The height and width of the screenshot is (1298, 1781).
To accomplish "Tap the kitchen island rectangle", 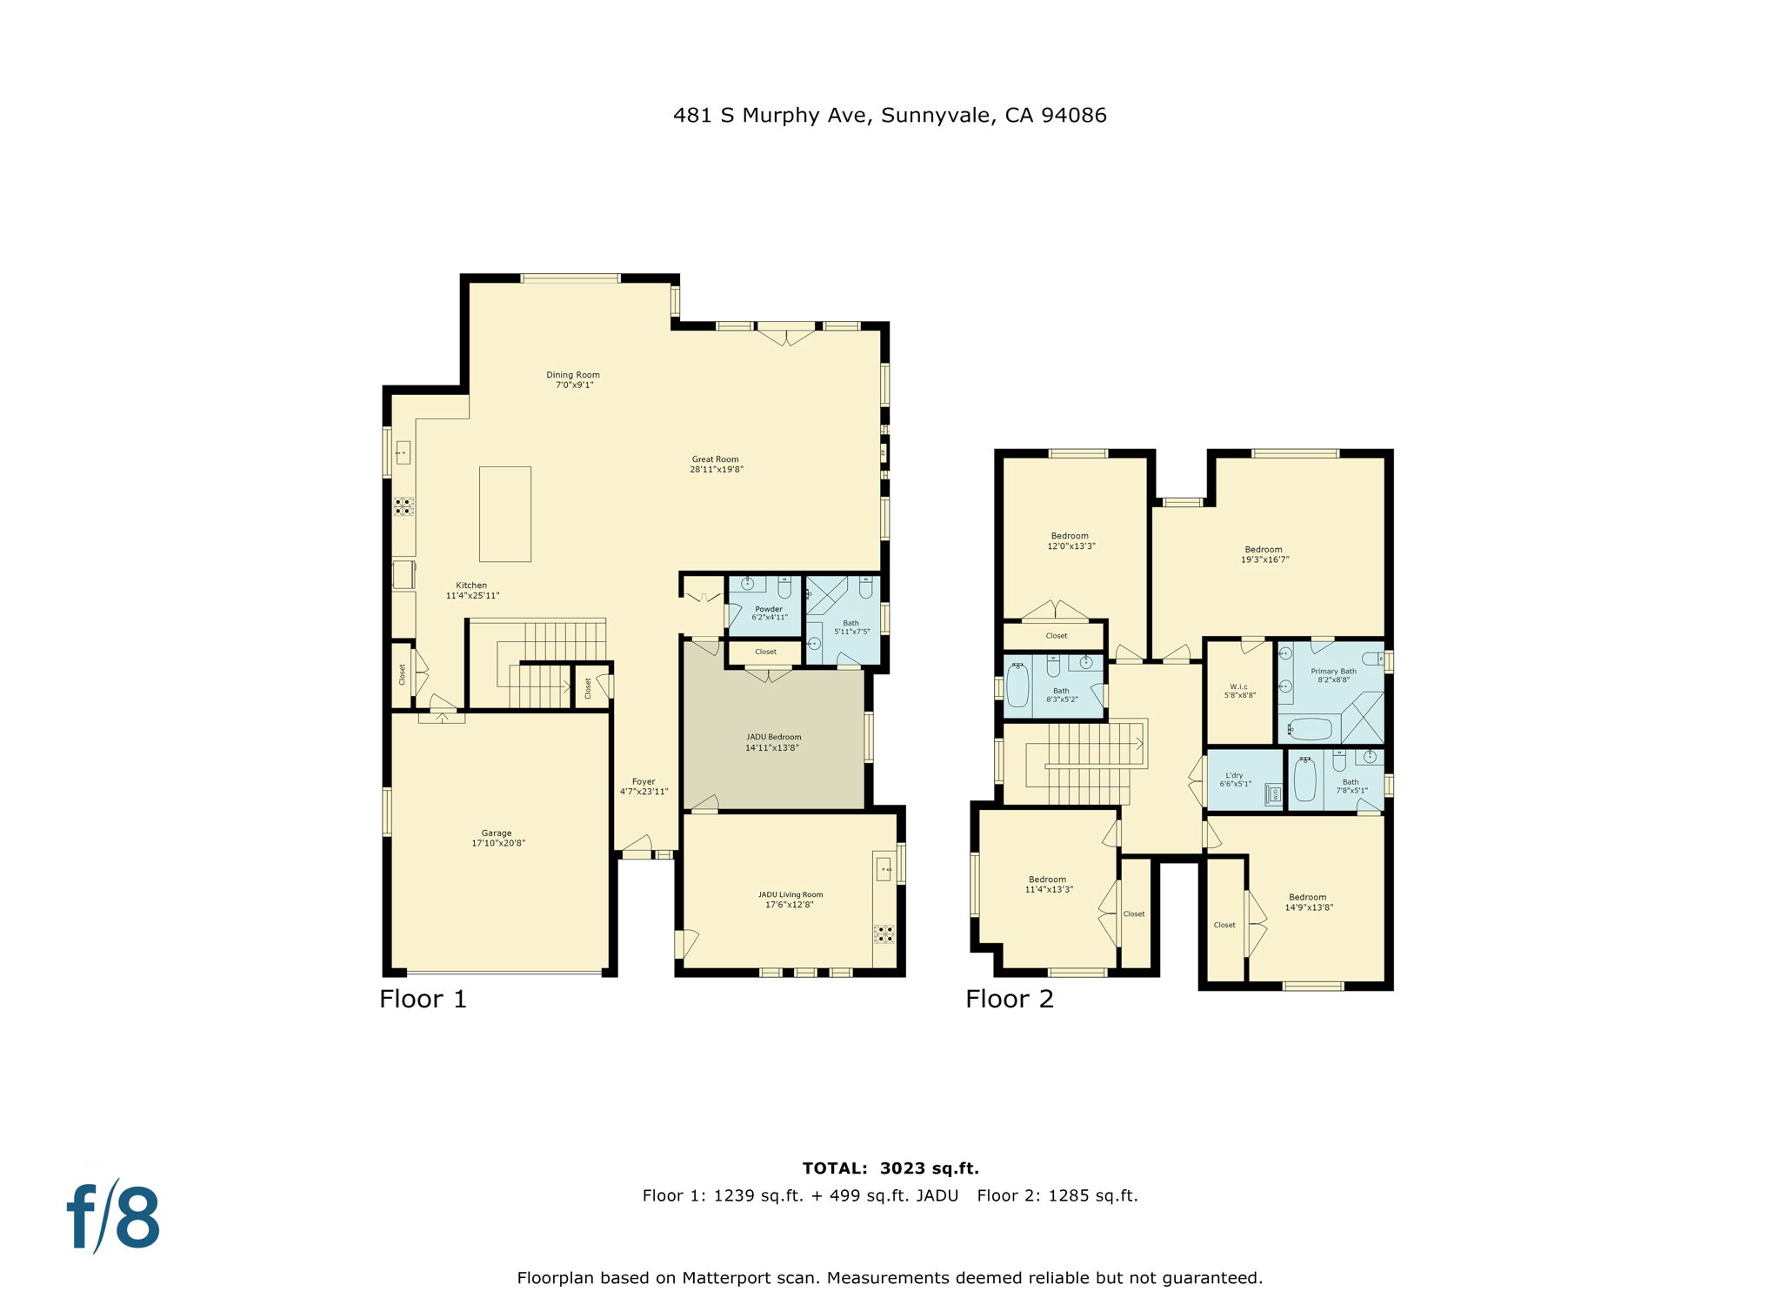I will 505,514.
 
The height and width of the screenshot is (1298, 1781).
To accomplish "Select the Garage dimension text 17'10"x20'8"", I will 498,843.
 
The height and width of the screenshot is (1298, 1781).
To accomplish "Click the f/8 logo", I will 114,1217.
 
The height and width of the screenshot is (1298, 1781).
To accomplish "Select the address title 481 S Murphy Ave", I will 890,116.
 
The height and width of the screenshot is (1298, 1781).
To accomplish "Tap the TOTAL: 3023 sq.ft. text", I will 890,1168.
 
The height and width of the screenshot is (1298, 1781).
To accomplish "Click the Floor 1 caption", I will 423,999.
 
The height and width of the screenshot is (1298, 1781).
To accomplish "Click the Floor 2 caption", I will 1009,999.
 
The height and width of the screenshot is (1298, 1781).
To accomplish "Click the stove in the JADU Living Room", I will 884,934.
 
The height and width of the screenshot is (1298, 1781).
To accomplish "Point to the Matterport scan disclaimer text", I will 890,1278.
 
